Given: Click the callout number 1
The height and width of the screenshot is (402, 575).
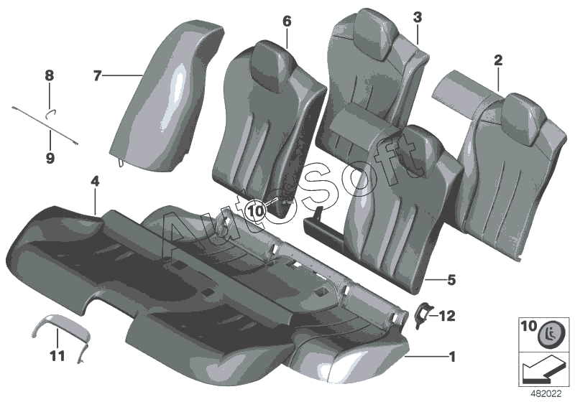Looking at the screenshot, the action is (x=451, y=355).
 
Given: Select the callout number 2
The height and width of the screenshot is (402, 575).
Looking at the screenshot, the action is (x=497, y=62).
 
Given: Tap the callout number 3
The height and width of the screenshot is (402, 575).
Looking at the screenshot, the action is (x=417, y=17).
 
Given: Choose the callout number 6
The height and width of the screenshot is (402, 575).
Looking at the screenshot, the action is (x=287, y=22).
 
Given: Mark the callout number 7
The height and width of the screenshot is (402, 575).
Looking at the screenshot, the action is (x=98, y=74).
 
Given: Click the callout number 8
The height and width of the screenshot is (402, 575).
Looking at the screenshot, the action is (x=49, y=75).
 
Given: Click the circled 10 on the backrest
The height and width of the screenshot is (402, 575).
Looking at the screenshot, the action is (x=256, y=210).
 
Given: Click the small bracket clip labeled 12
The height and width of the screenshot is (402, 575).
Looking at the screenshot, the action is (x=423, y=312).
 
